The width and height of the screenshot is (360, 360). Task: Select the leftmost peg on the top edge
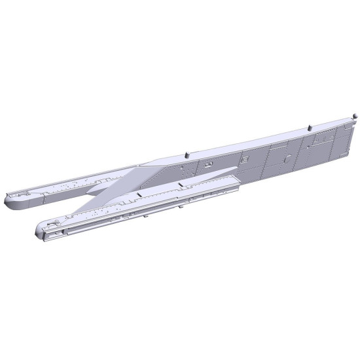[x=186, y=155]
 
